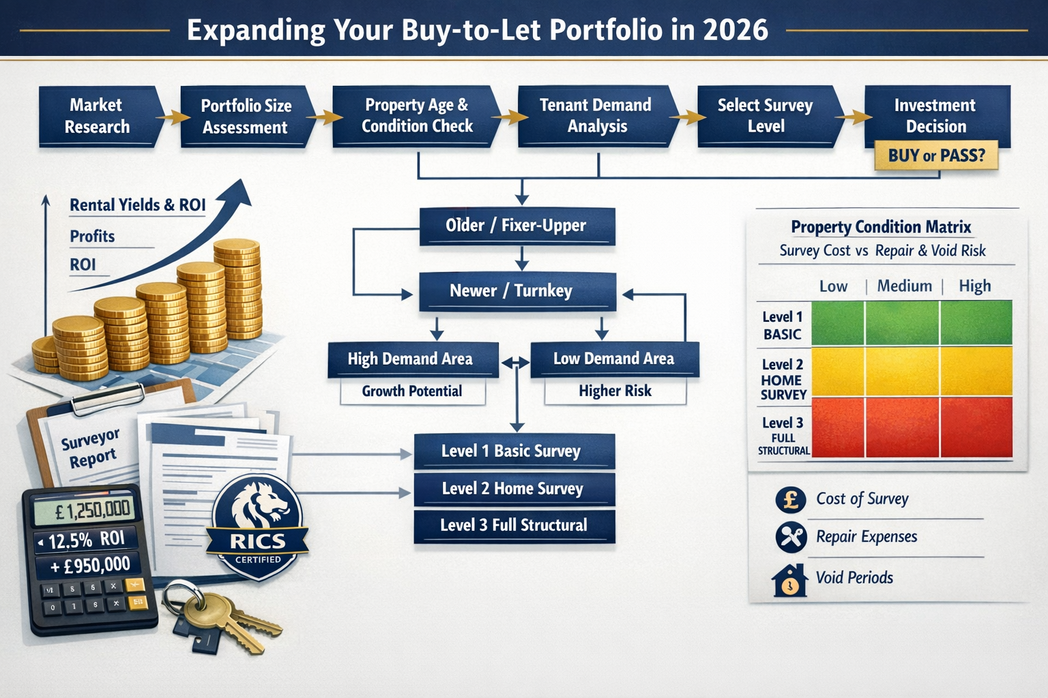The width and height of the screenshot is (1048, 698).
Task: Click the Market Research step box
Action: tap(98, 116)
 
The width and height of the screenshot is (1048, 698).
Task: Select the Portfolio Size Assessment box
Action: tap(246, 116)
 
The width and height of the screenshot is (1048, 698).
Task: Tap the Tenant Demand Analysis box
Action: tap(596, 115)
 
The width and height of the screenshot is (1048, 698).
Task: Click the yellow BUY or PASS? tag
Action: tap(936, 155)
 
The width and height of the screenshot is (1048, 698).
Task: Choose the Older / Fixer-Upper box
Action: tap(516, 226)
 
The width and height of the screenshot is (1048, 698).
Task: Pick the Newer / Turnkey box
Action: tap(516, 291)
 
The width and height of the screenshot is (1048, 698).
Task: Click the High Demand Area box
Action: tap(411, 359)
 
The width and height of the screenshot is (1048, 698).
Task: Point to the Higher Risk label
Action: tap(615, 391)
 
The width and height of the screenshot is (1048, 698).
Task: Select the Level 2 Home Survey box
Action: tap(513, 489)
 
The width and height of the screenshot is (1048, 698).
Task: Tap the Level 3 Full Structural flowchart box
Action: tap(513, 526)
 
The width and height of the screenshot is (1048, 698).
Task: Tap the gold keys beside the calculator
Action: tap(218, 617)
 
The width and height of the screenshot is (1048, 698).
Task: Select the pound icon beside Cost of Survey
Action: tap(791, 500)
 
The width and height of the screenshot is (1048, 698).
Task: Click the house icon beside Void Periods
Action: tap(789, 580)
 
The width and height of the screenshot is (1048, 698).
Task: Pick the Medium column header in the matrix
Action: tap(904, 286)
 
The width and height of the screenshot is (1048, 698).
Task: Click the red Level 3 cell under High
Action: tap(976, 427)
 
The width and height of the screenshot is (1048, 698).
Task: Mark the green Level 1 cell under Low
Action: tap(837, 323)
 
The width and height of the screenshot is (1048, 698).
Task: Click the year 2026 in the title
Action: tap(735, 30)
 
